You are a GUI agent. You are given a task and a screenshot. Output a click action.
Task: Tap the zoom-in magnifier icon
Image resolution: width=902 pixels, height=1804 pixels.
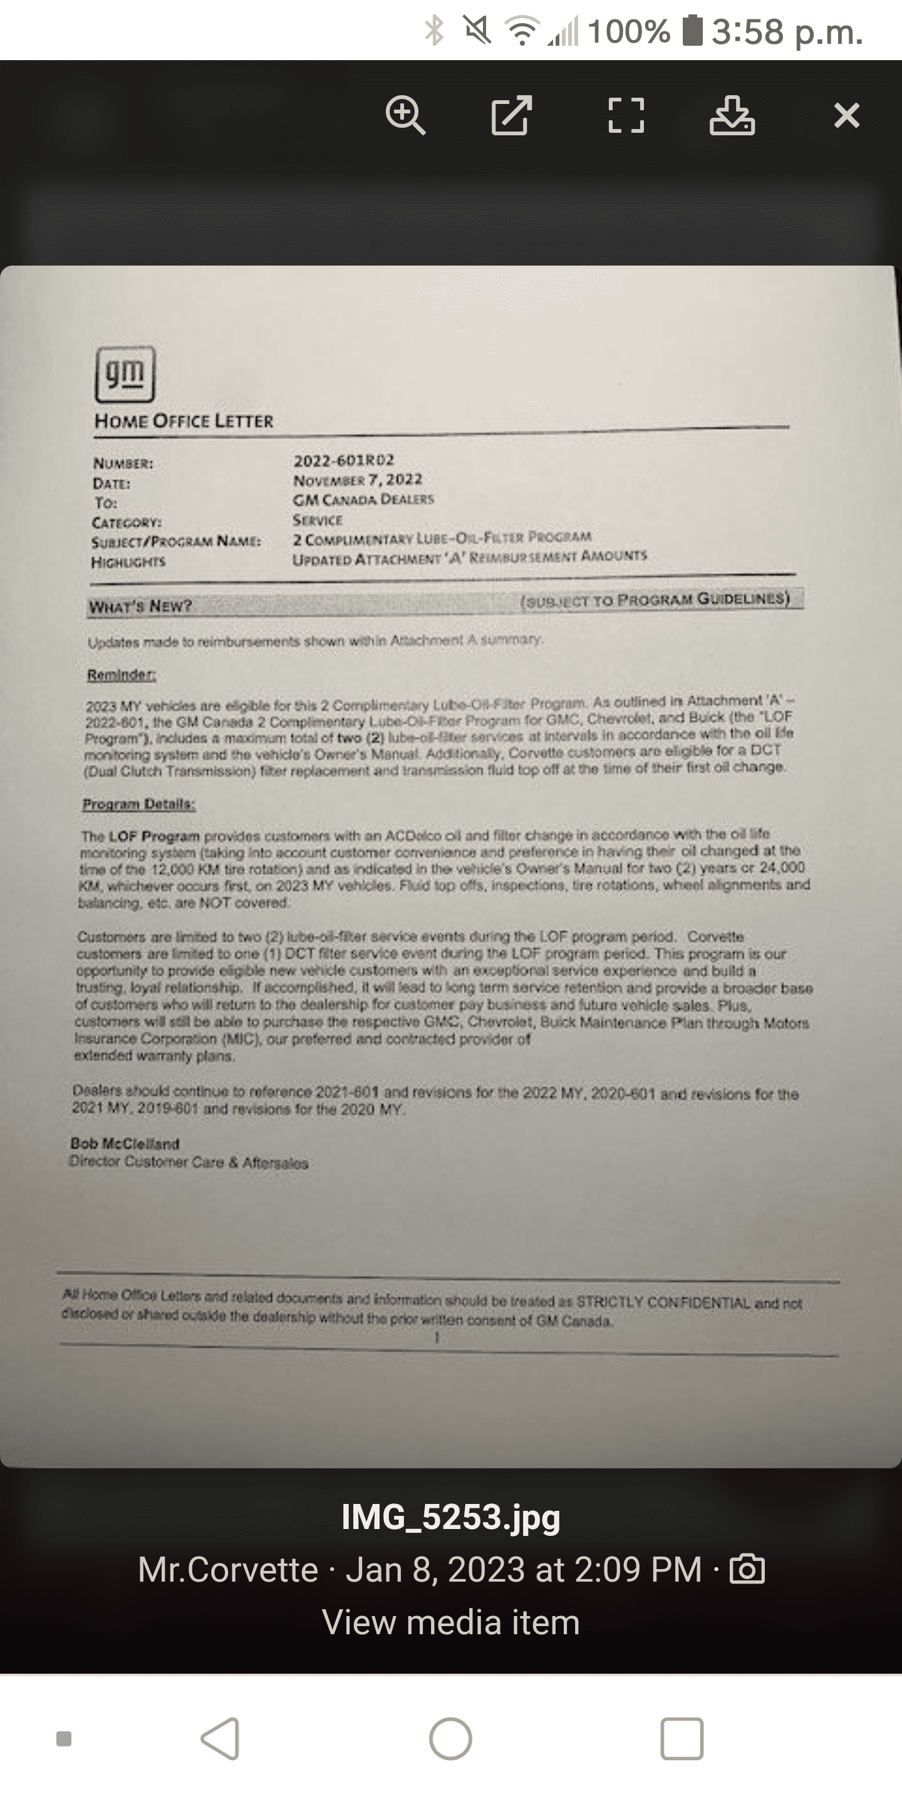405,115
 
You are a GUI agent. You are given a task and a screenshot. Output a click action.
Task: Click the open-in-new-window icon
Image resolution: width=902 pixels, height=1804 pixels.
511,115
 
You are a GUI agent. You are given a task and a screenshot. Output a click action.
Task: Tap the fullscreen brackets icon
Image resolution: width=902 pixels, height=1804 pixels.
625,115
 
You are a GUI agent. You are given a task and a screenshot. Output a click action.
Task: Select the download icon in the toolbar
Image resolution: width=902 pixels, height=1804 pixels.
732,115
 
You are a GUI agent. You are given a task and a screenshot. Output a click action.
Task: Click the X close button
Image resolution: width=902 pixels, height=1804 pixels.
847,115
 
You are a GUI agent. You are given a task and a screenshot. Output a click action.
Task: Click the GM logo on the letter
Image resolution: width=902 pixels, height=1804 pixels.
125,375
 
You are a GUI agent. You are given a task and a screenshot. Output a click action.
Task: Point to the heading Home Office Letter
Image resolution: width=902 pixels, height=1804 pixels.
184,421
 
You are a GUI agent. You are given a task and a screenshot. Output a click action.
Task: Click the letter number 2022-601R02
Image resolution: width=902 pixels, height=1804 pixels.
344,460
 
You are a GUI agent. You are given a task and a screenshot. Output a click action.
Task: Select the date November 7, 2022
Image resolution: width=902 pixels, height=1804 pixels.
357,480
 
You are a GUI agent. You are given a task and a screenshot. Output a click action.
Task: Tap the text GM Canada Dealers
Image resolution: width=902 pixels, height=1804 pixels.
363,499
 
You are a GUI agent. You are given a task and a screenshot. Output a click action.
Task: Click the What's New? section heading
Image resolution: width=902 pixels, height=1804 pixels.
140,606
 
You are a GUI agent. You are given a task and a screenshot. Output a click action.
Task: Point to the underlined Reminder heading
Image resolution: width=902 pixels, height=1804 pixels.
121,675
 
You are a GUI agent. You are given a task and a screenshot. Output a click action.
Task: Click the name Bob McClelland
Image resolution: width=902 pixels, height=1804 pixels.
125,1144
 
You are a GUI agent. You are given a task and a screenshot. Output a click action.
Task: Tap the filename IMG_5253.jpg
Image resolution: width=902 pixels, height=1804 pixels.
451,1518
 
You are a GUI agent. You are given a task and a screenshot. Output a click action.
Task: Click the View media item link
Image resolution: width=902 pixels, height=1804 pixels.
451,1622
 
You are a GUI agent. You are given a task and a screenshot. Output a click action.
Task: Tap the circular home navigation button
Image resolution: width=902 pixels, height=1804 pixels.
450,1739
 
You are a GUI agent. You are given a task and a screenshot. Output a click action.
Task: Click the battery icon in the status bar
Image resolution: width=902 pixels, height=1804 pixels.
692,31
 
